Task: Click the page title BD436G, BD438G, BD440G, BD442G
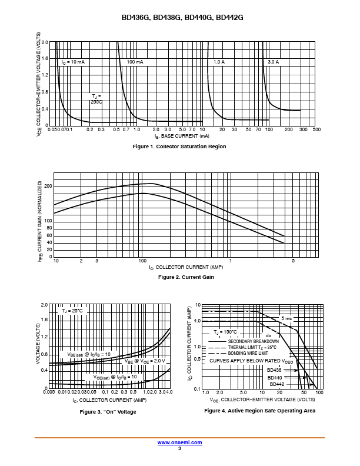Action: coord(180,18)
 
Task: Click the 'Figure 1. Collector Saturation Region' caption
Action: coord(179,147)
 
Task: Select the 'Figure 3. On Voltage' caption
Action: coord(108,412)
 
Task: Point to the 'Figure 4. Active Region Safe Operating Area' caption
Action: coord(259,411)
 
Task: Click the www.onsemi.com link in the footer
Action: coord(180,442)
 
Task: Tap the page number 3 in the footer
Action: coord(180,448)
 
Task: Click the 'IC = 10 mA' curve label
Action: coord(73,62)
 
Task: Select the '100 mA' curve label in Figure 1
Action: coord(135,62)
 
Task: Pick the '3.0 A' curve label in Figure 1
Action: coord(273,62)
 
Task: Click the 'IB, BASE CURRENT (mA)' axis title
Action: coord(182,136)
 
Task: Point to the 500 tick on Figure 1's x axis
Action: coord(316,129)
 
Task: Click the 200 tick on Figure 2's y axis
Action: coord(48,186)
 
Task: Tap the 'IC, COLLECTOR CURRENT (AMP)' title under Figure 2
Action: coord(186,268)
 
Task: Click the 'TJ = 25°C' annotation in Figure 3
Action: coord(73,311)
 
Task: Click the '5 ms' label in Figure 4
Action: coord(286,318)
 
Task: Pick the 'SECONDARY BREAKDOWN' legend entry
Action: coord(254,341)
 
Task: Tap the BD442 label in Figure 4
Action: coord(277,384)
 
